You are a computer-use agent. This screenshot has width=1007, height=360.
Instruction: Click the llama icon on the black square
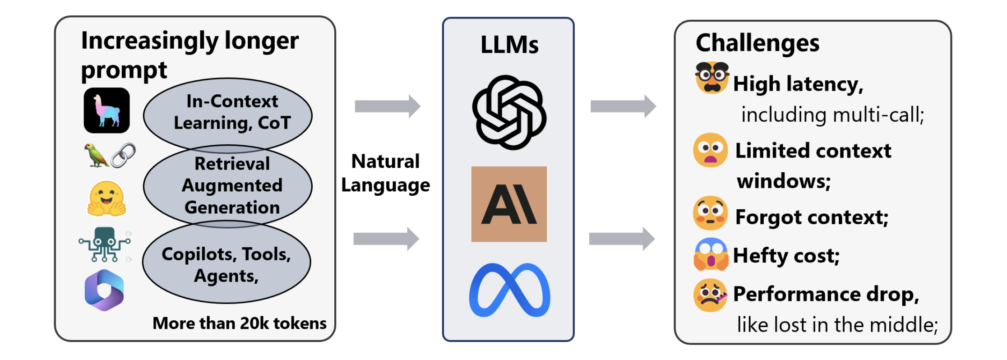click(106, 111)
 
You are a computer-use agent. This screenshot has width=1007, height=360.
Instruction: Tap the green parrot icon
click(96, 156)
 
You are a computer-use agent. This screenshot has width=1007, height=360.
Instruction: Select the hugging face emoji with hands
click(106, 199)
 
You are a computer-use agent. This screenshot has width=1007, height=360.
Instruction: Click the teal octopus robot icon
click(105, 244)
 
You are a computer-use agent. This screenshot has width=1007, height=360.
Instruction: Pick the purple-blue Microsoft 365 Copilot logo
click(104, 290)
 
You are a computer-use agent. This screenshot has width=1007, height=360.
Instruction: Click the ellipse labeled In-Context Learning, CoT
click(228, 112)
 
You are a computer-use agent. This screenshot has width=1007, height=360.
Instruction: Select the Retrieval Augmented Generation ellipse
click(228, 185)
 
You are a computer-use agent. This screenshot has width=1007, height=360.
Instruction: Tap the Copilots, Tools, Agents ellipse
click(226, 264)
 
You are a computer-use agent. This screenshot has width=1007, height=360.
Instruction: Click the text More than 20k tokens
click(239, 323)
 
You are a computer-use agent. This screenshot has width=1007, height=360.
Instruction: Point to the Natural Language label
click(385, 173)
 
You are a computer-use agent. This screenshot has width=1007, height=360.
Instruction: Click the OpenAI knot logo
click(509, 112)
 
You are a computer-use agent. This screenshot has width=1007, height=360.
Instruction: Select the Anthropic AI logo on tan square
click(509, 204)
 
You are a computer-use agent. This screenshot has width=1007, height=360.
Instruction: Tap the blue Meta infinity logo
click(509, 290)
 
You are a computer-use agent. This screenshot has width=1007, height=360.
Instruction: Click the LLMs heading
click(509, 45)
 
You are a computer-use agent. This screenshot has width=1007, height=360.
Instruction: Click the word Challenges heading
click(757, 43)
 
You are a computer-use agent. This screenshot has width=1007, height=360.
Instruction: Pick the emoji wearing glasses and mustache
click(712, 77)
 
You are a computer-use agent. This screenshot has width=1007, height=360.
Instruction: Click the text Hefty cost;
click(786, 256)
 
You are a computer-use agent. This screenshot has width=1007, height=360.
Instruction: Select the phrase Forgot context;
click(811, 217)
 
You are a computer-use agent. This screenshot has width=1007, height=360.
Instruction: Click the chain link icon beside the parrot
click(123, 155)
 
